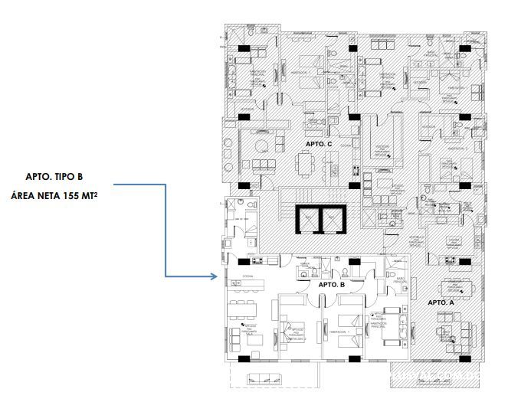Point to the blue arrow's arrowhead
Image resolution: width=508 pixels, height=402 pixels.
coord(215,276)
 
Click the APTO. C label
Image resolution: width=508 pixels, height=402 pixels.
coord(318,144)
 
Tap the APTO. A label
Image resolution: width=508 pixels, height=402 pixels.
coord(441,303)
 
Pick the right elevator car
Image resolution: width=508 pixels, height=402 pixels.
coord(333,220)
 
